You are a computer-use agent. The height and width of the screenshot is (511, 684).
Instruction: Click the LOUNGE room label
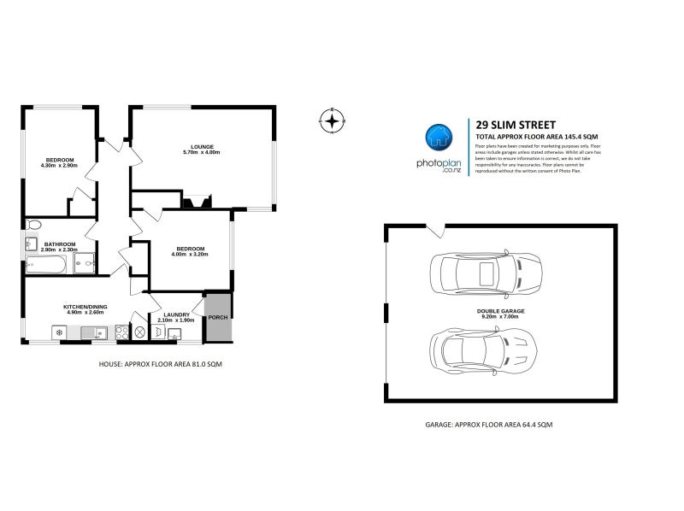tap(202, 146)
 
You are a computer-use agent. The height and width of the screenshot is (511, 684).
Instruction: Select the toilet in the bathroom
tap(32, 226)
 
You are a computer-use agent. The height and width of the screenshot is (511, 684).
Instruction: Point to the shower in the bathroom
tap(85, 264)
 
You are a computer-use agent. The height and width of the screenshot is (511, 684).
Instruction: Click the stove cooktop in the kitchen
tap(119, 332)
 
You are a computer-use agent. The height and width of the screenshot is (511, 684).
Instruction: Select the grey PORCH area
tap(218, 317)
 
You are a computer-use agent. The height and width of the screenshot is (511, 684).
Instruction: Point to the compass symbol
tap(332, 120)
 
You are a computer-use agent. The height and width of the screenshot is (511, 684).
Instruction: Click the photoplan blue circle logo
tap(439, 138)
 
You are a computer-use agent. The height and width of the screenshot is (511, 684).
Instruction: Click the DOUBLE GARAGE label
tap(500, 313)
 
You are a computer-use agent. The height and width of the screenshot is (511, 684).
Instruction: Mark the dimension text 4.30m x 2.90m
tap(59, 165)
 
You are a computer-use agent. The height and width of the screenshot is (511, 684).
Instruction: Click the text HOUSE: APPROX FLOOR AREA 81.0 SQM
tap(154, 363)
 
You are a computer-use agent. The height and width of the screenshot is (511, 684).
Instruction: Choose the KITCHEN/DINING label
tap(84, 307)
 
